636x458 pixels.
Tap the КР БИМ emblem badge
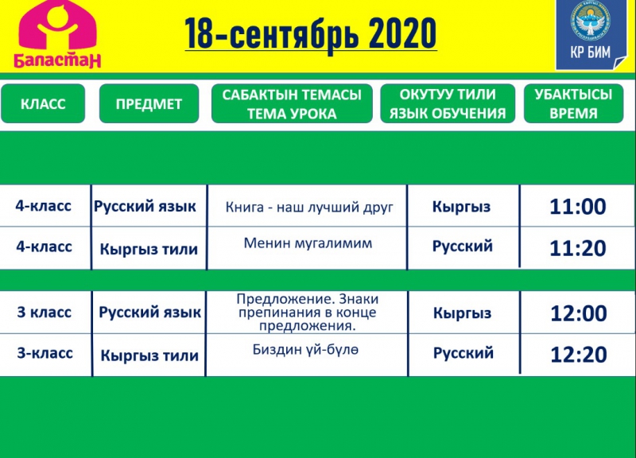[x=590, y=35]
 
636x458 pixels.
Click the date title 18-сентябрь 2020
[x=311, y=33]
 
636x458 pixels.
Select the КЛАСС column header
[x=43, y=103]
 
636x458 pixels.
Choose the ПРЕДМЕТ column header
[x=149, y=103]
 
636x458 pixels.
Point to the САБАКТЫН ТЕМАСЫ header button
[x=292, y=103]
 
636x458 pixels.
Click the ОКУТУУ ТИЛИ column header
[x=448, y=103]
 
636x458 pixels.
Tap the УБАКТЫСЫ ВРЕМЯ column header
[x=573, y=103]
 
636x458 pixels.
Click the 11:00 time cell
[x=578, y=207]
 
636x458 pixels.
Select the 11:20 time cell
[x=578, y=248]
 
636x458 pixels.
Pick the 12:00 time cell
[x=579, y=313]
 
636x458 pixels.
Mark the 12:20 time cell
[x=579, y=355]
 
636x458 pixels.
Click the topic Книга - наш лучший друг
[x=309, y=208]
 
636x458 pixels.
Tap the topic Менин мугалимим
[x=308, y=243]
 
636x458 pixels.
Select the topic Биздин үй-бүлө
[x=305, y=349]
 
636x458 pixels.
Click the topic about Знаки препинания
[x=307, y=312]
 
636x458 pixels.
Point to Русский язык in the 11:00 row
[x=145, y=207]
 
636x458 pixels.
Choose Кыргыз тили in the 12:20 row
[x=149, y=355]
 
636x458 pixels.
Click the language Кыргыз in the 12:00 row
[x=462, y=313]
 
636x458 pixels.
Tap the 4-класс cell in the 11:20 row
[x=44, y=246]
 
